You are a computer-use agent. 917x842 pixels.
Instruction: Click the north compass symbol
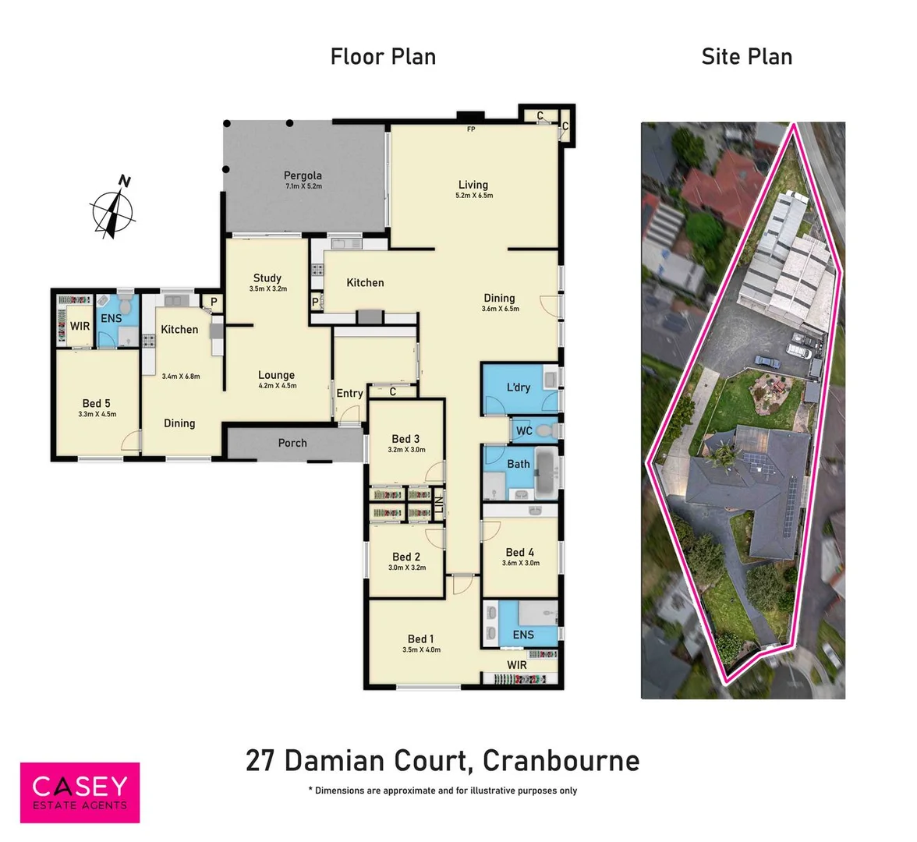click(x=114, y=209)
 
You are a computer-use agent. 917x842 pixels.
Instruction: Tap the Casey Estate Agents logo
click(x=80, y=792)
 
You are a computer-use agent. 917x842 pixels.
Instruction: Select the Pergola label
click(x=303, y=175)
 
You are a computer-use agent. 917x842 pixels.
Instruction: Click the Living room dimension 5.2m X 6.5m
click(x=473, y=196)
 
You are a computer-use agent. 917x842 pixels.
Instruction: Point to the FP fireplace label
click(x=471, y=129)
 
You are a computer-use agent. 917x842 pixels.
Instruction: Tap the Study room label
click(x=267, y=278)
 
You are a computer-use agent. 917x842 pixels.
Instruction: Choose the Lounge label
click(x=277, y=375)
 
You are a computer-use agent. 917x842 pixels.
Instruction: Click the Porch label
click(x=292, y=443)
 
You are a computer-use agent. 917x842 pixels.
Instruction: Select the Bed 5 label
click(x=96, y=403)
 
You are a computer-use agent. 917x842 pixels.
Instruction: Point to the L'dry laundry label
click(x=519, y=387)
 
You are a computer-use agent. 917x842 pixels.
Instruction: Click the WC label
click(x=524, y=430)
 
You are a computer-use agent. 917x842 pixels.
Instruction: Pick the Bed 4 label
click(x=520, y=552)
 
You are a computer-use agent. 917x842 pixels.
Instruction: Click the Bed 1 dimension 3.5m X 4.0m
click(x=421, y=649)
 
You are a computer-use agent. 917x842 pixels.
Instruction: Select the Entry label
click(x=349, y=394)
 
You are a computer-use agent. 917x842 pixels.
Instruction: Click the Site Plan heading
click(x=746, y=57)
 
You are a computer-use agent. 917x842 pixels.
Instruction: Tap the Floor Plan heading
click(x=383, y=57)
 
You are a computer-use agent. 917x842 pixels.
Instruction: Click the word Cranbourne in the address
click(x=561, y=760)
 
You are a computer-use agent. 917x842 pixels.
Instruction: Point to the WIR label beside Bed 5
click(x=80, y=326)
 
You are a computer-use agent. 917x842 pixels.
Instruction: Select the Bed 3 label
click(x=405, y=439)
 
